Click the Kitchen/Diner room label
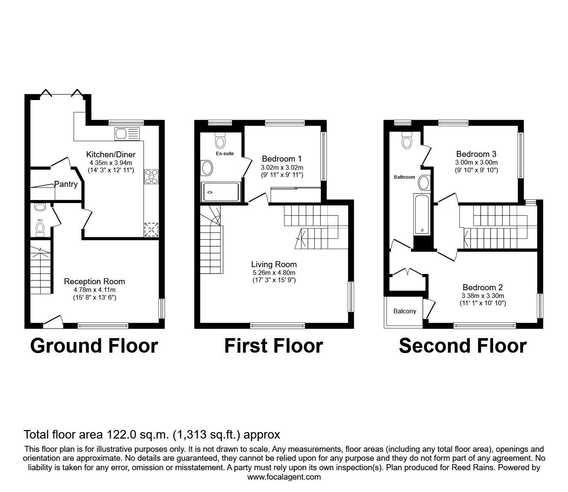point(111,154)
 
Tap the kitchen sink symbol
point(127,134)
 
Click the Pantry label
point(66,184)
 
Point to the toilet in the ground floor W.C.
point(40,230)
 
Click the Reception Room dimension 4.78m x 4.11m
point(95,289)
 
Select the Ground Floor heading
point(94,346)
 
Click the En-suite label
point(225,153)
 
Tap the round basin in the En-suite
point(207,168)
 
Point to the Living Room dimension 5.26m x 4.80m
point(274,272)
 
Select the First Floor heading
point(273,346)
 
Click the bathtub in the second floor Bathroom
point(422,214)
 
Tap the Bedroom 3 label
point(476,154)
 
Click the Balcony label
point(404,311)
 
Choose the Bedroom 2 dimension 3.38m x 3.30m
point(482,295)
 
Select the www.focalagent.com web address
point(284,477)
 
